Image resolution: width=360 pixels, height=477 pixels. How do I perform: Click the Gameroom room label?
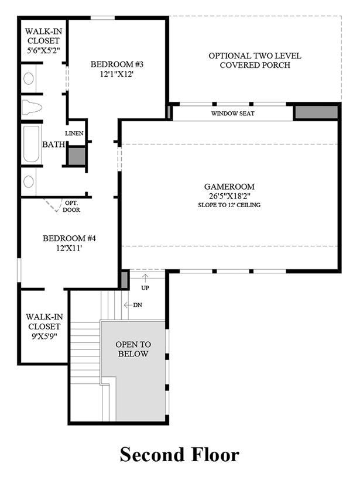(229, 187)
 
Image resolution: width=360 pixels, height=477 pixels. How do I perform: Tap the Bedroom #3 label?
(117, 64)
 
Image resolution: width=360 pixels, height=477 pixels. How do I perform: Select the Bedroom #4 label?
(69, 238)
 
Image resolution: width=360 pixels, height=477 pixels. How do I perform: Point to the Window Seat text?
(233, 114)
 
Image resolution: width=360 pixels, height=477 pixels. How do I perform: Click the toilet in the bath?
(32, 107)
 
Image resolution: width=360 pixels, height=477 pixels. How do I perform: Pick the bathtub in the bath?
(32, 144)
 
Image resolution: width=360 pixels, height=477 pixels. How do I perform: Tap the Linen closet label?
(74, 133)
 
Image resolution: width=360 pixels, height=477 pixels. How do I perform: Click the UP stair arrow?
(145, 279)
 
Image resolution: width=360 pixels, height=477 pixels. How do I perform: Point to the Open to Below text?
(133, 349)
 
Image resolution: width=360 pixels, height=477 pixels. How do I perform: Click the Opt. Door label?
(71, 206)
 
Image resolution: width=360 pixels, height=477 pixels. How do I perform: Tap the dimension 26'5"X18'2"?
(229, 195)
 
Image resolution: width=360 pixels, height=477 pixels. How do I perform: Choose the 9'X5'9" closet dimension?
(44, 336)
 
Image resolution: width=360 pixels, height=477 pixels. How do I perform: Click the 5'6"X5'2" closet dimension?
(43, 50)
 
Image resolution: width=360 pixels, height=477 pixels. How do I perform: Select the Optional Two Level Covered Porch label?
(255, 60)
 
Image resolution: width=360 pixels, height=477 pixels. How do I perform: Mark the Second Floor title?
(180, 455)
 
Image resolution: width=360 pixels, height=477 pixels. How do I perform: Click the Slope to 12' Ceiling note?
(229, 205)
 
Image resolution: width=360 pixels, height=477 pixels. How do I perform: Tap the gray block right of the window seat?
(316, 112)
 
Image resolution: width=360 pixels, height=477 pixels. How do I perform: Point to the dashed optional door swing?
(51, 205)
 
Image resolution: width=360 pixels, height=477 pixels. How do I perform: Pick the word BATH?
(53, 144)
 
